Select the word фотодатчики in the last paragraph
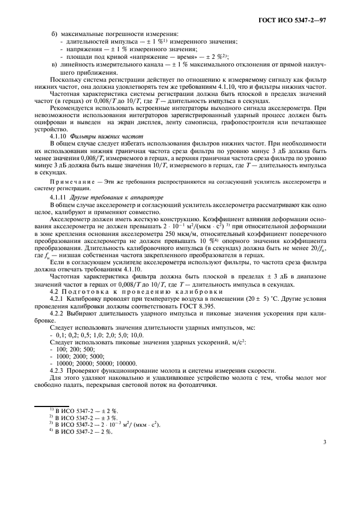pyautogui.click(x=199, y=384)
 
